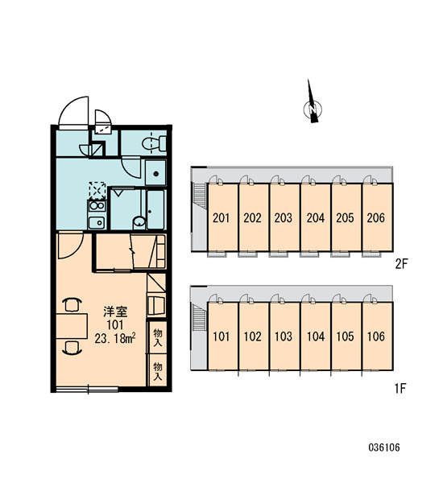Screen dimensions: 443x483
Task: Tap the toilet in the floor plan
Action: (154, 143)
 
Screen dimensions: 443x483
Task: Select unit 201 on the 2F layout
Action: (222, 217)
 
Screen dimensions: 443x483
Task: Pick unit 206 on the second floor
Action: (377, 217)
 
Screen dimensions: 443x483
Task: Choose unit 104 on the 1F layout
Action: (316, 336)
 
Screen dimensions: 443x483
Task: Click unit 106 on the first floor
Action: (377, 336)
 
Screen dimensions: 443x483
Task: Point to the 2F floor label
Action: (401, 264)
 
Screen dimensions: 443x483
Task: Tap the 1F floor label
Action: (400, 389)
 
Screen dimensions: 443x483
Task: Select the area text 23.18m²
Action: (116, 339)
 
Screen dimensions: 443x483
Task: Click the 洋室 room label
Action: (115, 312)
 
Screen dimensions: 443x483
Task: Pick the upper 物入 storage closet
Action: (157, 337)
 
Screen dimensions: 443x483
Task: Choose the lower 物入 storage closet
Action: (157, 370)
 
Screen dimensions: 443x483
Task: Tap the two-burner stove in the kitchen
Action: (97, 206)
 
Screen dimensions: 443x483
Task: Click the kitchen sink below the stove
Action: (97, 222)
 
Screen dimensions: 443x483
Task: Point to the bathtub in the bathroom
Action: (155, 209)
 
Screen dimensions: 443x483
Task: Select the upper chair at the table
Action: (72, 304)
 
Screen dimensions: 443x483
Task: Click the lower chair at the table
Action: (72, 348)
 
